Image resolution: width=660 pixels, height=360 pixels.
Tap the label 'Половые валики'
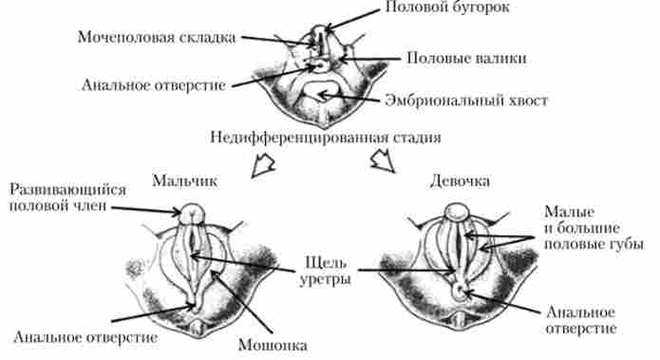click(466, 58)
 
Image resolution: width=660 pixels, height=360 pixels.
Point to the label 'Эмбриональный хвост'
click(468, 99)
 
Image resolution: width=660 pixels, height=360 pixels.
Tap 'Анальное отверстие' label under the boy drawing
click(85, 335)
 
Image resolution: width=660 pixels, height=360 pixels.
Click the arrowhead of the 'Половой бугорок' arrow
click(329, 27)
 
